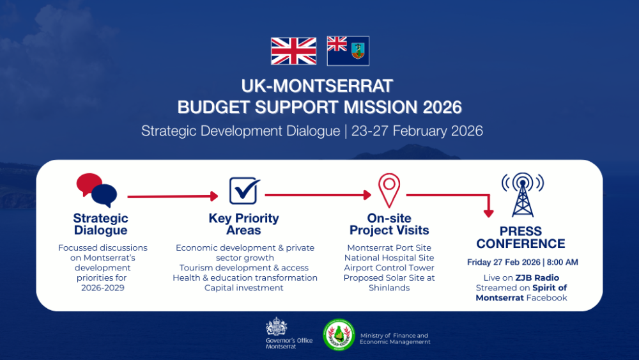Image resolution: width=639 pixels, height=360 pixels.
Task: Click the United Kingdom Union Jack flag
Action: pyautogui.click(x=293, y=51)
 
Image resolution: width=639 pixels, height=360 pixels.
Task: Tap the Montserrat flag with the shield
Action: pyautogui.click(x=348, y=51)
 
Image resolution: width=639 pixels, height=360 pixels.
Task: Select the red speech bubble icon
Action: pyautogui.click(x=88, y=184)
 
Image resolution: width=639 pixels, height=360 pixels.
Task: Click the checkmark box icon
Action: pyautogui.click(x=244, y=191)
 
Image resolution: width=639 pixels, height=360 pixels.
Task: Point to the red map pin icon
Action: pyautogui.click(x=389, y=190)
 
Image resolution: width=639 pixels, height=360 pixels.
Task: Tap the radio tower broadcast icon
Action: pyautogui.click(x=523, y=194)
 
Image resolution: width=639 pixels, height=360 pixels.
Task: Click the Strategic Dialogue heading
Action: pyautogui.click(x=101, y=224)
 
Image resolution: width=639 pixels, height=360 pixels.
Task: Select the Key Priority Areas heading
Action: pyautogui.click(x=243, y=224)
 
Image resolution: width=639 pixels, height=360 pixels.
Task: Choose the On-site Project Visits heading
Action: pyautogui.click(x=389, y=224)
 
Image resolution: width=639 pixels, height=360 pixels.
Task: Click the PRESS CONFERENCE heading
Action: pyautogui.click(x=521, y=237)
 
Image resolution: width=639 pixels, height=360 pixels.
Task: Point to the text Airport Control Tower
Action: pyautogui.click(x=389, y=268)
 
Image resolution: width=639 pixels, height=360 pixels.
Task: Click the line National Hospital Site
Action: pyautogui.click(x=389, y=258)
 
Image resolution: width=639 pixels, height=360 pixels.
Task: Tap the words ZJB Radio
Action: pyautogui.click(x=537, y=278)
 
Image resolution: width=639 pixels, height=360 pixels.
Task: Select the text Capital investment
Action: pyautogui.click(x=243, y=288)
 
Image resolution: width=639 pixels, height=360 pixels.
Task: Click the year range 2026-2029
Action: pyautogui.click(x=103, y=288)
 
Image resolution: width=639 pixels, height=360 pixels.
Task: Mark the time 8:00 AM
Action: pyautogui.click(x=562, y=262)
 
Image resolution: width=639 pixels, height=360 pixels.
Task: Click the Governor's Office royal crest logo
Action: pyautogui.click(x=276, y=326)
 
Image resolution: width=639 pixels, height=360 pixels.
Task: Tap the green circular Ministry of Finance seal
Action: pyautogui.click(x=339, y=334)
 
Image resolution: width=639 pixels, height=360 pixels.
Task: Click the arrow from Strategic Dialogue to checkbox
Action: pyautogui.click(x=173, y=196)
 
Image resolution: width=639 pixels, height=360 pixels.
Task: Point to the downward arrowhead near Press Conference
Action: pyautogui.click(x=489, y=213)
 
